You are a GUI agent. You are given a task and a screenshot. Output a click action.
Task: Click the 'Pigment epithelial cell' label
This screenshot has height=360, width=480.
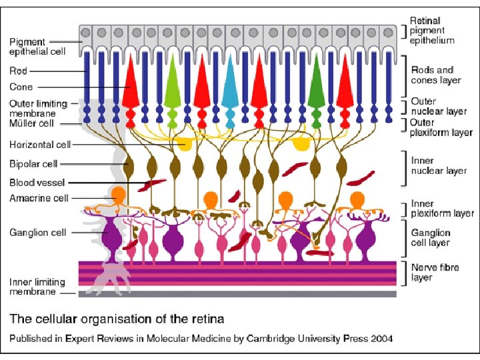[37, 47]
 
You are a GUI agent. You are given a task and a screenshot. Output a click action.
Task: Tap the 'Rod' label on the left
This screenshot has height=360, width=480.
[18, 69]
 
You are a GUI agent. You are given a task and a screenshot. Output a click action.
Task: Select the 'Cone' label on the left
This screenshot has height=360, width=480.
[21, 87]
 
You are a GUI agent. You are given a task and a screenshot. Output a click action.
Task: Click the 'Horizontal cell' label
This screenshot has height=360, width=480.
[40, 144]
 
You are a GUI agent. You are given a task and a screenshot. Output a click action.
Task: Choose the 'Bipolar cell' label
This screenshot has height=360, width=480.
[33, 163]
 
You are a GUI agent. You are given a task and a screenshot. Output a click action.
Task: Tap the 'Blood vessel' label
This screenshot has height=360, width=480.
[37, 181]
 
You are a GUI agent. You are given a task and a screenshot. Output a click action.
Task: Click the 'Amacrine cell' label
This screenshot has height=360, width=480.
[39, 198]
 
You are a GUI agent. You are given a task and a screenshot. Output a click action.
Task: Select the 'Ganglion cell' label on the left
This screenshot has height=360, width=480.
[37, 233]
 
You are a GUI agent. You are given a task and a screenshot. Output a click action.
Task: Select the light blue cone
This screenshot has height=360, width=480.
[229, 87]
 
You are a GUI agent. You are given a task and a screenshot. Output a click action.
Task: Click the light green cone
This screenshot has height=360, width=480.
[173, 87]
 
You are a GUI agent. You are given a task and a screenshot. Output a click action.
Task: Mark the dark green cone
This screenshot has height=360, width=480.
[316, 87]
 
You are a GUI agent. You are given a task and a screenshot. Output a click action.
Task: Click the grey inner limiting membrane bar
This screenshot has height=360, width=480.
[237, 293]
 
